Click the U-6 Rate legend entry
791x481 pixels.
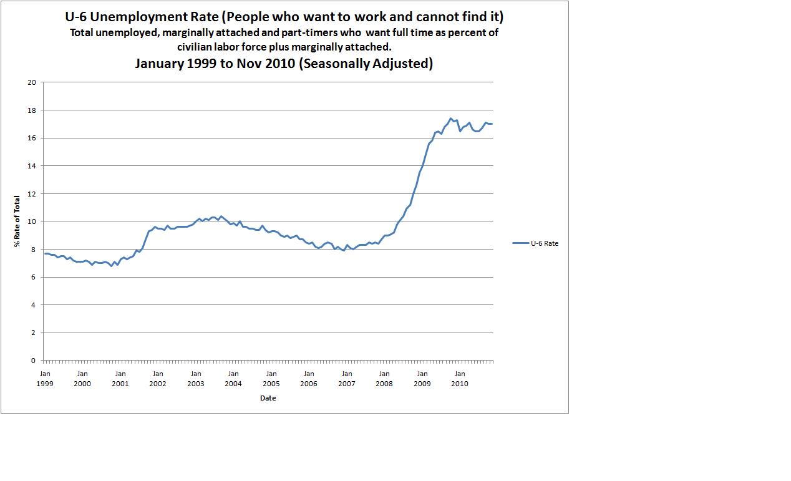pyautogui.click(x=535, y=243)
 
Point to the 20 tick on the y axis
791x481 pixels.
pyautogui.click(x=32, y=82)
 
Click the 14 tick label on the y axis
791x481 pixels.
pyautogui.click(x=32, y=166)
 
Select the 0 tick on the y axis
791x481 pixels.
pyautogui.click(x=34, y=361)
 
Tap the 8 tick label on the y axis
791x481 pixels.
pyautogui.click(x=34, y=250)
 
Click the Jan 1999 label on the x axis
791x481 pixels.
pyautogui.click(x=45, y=379)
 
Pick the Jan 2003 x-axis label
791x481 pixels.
pyautogui.click(x=195, y=379)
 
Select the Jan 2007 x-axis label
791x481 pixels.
pyautogui.click(x=346, y=379)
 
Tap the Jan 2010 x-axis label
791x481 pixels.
pyautogui.click(x=459, y=379)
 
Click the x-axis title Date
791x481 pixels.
pyautogui.click(x=268, y=398)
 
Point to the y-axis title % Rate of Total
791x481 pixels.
pyautogui.click(x=17, y=221)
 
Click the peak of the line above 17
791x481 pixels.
pyautogui.click(x=450, y=118)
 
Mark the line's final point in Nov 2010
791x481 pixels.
pyautogui.click(x=492, y=124)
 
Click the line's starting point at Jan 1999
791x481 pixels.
pyautogui.click(x=45, y=253)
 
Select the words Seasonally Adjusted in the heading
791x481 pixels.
pyautogui.click(x=366, y=63)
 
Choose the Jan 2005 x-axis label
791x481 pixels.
pyautogui.click(x=271, y=379)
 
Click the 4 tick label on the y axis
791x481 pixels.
pyautogui.click(x=34, y=305)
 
